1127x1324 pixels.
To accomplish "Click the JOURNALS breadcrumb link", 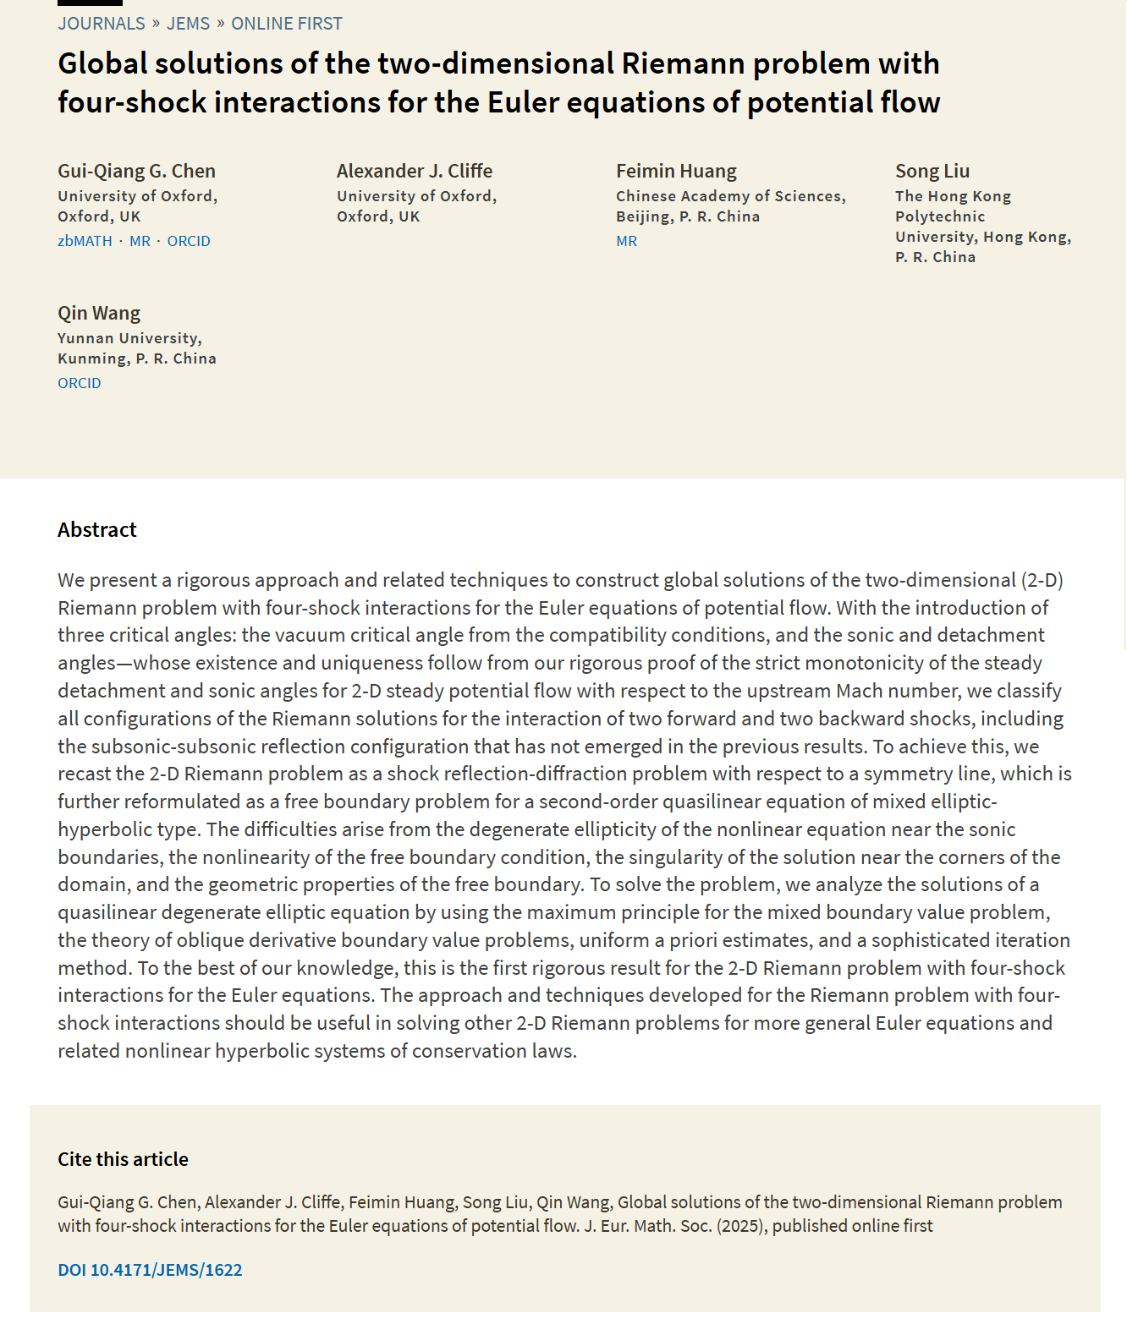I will coord(102,24).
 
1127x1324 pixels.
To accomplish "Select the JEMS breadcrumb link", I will coord(188,24).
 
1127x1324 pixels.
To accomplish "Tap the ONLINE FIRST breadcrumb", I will coord(287,24).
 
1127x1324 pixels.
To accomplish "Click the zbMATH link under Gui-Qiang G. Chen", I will coord(85,241).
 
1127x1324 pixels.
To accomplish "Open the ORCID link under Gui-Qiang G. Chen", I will coord(189,241).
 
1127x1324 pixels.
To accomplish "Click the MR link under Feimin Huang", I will coord(626,241).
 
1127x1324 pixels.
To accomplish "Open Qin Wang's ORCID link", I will coord(80,383).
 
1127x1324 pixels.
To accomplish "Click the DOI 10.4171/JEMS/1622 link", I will coord(150,1270).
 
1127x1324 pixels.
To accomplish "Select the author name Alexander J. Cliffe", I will coord(415,171).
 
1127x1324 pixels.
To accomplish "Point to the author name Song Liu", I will coord(932,171).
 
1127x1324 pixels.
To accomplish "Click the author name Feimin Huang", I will coord(676,171).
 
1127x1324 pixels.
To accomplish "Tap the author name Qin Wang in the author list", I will coord(99,313).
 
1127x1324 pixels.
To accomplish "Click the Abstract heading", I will coord(97,530).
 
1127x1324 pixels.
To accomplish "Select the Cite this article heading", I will coord(123,1159).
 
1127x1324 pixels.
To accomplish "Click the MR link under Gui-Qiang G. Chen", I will coord(140,241).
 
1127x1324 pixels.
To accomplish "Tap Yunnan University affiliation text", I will coord(129,338).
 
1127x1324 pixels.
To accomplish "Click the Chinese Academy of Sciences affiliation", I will coord(730,196).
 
